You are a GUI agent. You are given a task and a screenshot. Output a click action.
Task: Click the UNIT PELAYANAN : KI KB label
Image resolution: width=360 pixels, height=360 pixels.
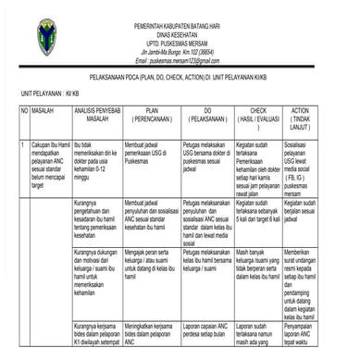tap(42, 94)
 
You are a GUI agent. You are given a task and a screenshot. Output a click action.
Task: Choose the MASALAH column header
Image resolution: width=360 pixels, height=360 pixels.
tap(43, 109)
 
